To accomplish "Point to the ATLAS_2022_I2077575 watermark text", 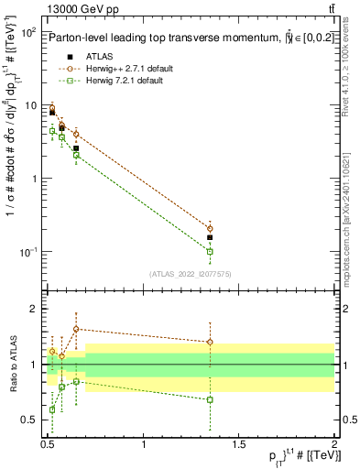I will pos(190,274).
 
